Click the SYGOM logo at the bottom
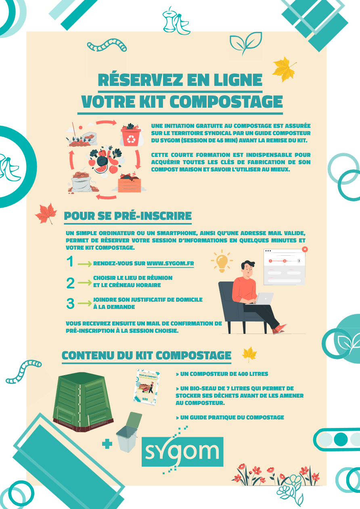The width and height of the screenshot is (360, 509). (x=182, y=452)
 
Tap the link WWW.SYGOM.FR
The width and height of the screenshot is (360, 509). (x=170, y=264)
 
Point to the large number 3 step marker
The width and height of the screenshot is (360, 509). (x=70, y=303)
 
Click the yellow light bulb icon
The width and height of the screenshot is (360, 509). (x=222, y=261)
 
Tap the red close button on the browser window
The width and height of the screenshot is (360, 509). (x=305, y=249)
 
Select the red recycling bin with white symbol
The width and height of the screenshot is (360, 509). (x=131, y=137)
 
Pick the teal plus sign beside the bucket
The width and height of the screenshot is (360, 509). (x=107, y=444)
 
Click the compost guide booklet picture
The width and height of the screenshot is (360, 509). (x=147, y=388)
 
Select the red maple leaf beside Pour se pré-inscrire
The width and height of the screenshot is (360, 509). (x=46, y=213)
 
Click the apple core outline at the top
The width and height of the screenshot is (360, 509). (x=169, y=20)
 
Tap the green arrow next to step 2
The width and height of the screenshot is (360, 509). (x=85, y=283)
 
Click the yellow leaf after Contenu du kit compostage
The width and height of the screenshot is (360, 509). (x=249, y=354)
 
